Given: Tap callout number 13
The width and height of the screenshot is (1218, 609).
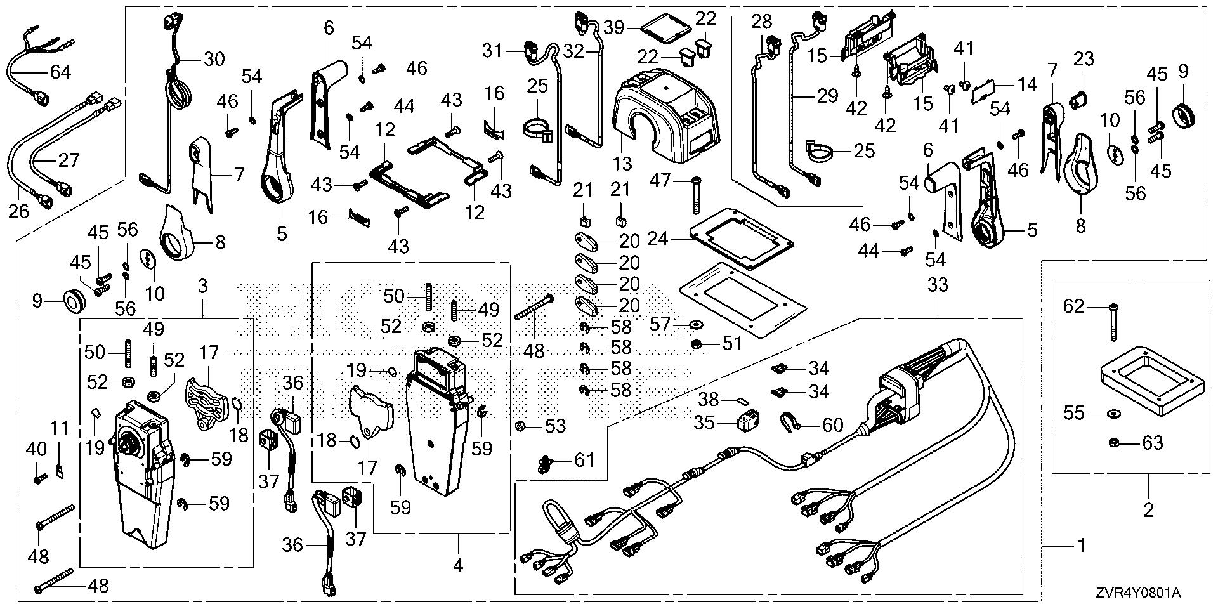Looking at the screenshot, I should [x=623, y=163].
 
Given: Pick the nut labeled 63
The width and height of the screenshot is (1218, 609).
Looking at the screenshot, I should [x=1115, y=443].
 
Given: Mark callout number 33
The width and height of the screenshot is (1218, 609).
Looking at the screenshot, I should [x=938, y=285].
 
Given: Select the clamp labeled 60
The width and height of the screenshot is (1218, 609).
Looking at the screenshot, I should [x=790, y=421].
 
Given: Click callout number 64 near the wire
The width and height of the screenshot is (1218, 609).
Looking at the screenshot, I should [x=60, y=72].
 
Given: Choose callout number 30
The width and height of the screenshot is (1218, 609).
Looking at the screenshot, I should [x=214, y=59].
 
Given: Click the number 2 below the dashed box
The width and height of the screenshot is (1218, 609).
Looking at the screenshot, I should [x=1148, y=509].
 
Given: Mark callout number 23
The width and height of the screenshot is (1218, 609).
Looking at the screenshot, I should [x=1084, y=60].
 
